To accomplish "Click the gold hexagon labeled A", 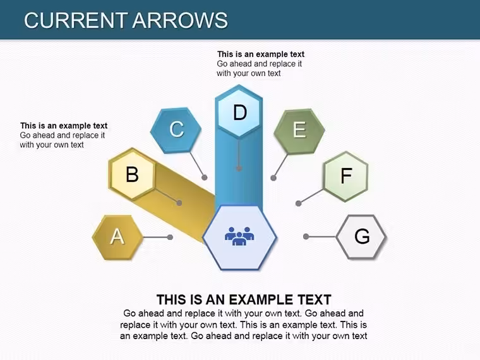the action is coord(117,237).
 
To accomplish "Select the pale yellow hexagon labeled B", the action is coord(132,174).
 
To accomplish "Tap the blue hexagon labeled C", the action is coord(176,130).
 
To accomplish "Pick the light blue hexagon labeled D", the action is coord(239,112).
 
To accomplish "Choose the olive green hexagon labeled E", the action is coord(299,131).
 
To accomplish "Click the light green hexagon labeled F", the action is coord(345,176).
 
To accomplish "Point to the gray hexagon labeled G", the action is coord(361,237).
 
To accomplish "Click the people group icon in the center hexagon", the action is coord(239,236).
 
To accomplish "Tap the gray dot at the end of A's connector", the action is coord(170,237).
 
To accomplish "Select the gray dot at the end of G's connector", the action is coord(306,236).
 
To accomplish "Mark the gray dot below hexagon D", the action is coord(239,169).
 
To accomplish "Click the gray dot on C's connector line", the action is coord(205,177).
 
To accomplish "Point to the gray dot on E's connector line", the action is coord(273,178).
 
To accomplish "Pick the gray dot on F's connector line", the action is coord(299,203).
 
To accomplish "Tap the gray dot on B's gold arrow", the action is coord(179,203).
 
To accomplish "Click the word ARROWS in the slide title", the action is coord(180,20).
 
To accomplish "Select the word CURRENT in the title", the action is coord(76,20).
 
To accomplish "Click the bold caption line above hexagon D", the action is coord(261,54).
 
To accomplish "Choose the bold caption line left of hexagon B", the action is coord(64,126).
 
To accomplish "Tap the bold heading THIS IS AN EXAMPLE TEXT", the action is coord(244,299).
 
